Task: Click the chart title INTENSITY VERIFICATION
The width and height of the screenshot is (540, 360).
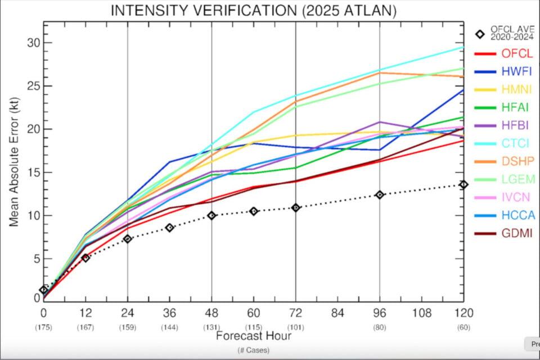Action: (204, 10)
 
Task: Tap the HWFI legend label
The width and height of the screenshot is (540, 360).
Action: (516, 71)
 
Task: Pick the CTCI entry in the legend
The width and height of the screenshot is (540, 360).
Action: (515, 143)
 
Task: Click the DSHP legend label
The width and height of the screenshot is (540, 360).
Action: (518, 161)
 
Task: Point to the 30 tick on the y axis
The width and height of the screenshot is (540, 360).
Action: (34, 43)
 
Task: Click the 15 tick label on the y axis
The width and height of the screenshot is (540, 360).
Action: (34, 173)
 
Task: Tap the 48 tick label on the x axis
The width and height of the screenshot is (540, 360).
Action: (211, 313)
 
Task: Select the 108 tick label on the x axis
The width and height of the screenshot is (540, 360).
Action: (421, 313)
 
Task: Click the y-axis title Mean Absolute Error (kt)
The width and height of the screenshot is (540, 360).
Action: (13, 162)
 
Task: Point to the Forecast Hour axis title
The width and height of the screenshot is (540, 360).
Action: (254, 336)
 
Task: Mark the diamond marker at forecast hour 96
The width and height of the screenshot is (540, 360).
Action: (380, 195)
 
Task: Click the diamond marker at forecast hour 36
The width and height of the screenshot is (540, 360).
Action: (169, 228)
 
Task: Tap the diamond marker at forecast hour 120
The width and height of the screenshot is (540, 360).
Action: (463, 184)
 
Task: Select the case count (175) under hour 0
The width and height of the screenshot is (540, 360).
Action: (43, 327)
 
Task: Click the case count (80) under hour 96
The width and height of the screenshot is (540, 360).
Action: (380, 327)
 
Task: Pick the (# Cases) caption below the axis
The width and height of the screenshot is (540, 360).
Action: (254, 350)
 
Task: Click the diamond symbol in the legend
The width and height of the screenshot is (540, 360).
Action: (480, 34)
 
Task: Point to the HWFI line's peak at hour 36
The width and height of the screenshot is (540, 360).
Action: (169, 161)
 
